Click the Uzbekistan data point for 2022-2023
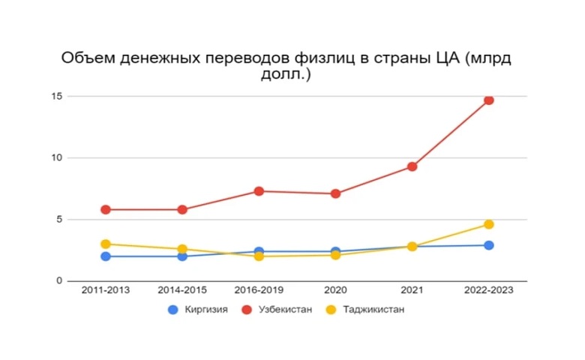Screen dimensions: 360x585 pos(488,100)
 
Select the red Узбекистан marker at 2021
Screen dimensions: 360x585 pos(412,166)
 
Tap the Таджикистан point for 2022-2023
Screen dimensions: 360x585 pos(488,224)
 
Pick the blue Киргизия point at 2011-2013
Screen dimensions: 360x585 pos(106,256)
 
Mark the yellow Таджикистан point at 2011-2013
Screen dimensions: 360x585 pos(106,244)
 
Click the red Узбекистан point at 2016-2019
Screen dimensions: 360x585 pos(259,191)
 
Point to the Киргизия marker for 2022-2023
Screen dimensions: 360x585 pos(488,245)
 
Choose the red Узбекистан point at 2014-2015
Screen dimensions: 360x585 pos(182,210)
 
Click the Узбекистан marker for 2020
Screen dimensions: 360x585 pos(335,193)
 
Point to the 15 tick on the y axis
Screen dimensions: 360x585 pos(56,96)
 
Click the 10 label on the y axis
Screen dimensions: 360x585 pos(56,157)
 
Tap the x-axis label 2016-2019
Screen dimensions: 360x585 pos(259,291)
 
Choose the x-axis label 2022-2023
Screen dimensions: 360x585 pos(488,291)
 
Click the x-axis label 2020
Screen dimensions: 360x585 pos(335,291)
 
